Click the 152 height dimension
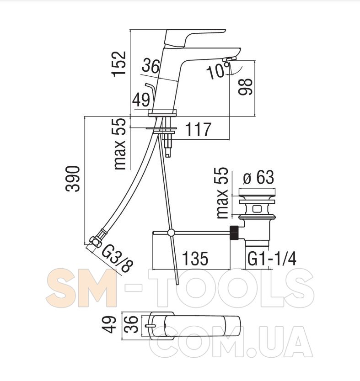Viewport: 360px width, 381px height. [x=119, y=64]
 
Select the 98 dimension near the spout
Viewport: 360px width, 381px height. [x=246, y=87]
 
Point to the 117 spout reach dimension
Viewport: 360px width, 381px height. [x=198, y=130]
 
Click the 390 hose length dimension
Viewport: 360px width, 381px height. [x=72, y=179]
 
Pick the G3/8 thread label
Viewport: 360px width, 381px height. [x=117, y=258]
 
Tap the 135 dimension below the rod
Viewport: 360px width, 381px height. [x=195, y=259]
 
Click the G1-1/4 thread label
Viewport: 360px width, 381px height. [x=272, y=259]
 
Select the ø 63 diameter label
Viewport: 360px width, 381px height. [x=258, y=177]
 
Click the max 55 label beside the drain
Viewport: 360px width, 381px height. [x=221, y=193]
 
